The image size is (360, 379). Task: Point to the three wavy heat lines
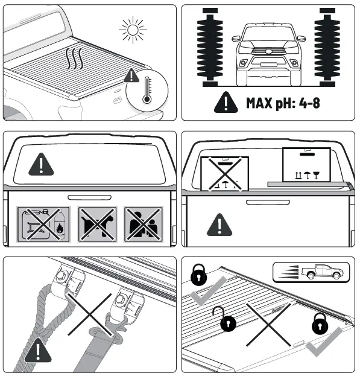click(x=75, y=60)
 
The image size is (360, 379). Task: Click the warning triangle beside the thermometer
click(x=131, y=76)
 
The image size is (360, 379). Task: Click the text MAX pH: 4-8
click(x=283, y=103)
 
